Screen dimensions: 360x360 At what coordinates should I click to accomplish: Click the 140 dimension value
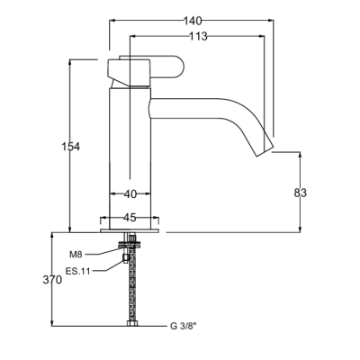[x=193, y=21]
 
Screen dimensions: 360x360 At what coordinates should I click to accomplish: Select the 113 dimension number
[x=198, y=36]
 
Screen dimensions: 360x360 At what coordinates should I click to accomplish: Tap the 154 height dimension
[x=71, y=147]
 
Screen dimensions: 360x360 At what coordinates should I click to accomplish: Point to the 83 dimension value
[x=301, y=193]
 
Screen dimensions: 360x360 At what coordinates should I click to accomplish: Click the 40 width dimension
[x=130, y=194]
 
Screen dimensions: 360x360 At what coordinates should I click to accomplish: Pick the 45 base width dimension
[x=130, y=218]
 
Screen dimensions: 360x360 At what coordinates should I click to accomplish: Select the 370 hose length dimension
[x=52, y=280]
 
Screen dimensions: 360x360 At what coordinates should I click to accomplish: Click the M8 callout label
[x=76, y=255]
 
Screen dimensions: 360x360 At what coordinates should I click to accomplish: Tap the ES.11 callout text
[x=77, y=272]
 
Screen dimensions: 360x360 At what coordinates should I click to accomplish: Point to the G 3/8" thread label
[x=183, y=326]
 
